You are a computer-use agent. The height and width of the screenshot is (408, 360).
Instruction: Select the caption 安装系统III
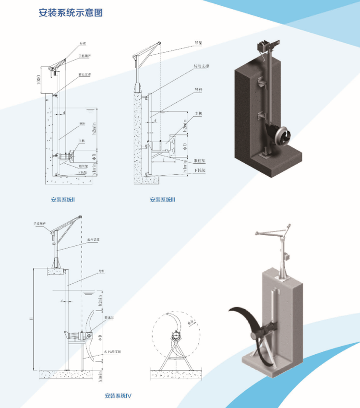coord(163,199)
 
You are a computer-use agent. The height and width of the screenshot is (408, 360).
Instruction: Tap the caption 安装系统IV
coord(118,396)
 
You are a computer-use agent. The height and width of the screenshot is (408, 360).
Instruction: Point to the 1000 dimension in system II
coord(38,80)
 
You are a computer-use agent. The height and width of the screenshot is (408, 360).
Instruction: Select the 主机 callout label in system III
coord(197,114)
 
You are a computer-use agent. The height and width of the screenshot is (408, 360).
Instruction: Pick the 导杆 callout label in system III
coord(197,89)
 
